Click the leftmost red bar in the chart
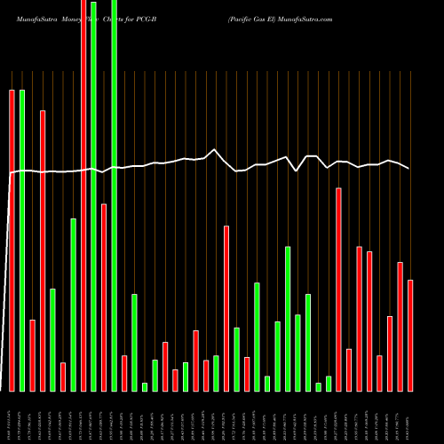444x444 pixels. (12, 240)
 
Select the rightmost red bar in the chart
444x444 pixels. (410, 335)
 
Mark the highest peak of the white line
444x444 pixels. (214, 150)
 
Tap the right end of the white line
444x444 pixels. (409, 168)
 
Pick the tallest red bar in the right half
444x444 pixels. (338, 289)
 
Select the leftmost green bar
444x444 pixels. (22, 240)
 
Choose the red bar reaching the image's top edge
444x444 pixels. (83, 195)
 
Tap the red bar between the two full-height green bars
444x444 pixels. (104, 297)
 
